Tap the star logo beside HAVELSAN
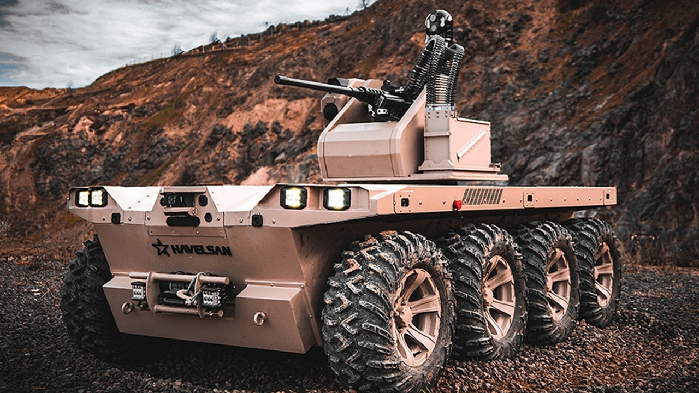161,247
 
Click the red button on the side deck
458,205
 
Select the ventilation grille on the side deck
482,196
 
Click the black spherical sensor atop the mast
439,22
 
